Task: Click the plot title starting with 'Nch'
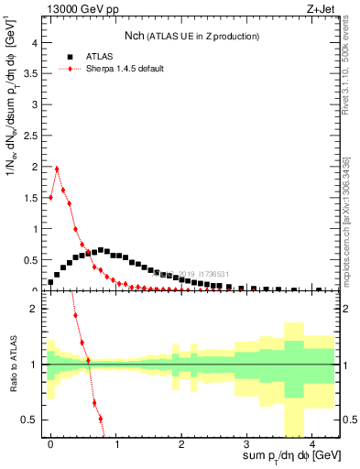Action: pos(192,36)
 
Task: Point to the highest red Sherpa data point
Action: pos(57,169)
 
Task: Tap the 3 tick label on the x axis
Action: pos(246,444)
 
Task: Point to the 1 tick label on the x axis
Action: pos(115,444)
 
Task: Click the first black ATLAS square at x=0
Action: pos(50,282)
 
